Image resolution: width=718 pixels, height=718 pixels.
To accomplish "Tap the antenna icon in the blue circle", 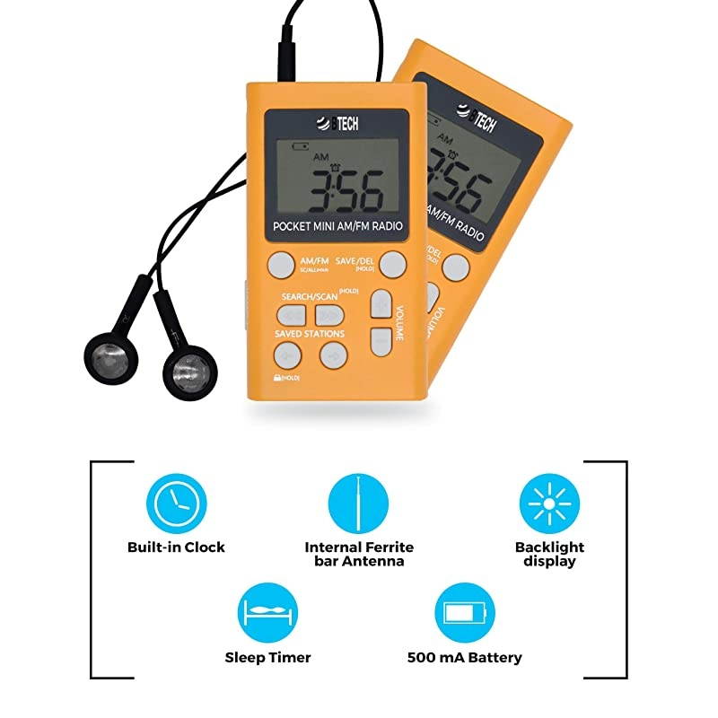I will tap(358, 503).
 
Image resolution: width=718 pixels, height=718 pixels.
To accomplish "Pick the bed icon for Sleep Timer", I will tap(267, 613).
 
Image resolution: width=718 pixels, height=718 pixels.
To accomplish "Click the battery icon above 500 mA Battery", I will tap(463, 613).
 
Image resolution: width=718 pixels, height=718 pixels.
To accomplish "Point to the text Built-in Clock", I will tap(176, 547).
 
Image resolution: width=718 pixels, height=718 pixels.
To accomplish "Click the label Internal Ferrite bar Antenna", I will tap(359, 554).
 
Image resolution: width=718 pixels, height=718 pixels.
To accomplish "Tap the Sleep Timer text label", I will tap(267, 657).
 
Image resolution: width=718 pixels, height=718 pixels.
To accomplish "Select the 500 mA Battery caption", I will tap(463, 657).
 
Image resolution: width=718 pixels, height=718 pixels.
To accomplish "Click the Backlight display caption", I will tap(549, 554).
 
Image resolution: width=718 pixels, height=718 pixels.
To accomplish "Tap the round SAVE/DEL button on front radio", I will tap(391, 265).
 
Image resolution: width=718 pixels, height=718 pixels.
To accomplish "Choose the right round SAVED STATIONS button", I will tap(333, 355).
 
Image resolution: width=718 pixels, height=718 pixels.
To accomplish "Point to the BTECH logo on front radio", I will tap(337, 125).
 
